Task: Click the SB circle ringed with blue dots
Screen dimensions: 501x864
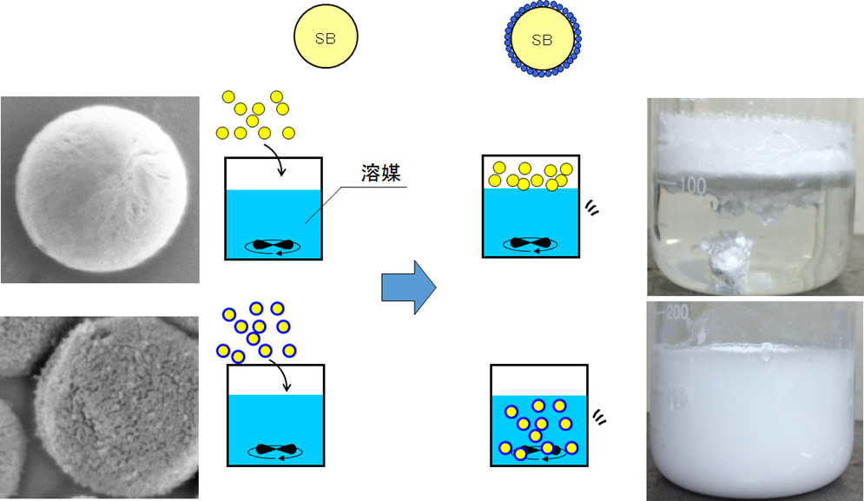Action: (x=542, y=39)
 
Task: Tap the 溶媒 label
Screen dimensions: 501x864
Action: (x=381, y=173)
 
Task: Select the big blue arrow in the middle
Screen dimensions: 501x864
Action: (x=408, y=286)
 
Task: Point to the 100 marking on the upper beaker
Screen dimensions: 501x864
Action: (x=692, y=185)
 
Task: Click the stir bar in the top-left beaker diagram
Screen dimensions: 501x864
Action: (x=274, y=246)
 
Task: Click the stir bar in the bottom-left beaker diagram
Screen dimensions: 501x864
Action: (x=275, y=450)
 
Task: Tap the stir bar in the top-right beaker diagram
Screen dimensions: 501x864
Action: (x=530, y=244)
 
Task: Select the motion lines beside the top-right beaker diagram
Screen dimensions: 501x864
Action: (x=593, y=208)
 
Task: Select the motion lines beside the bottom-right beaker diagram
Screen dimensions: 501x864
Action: (x=600, y=417)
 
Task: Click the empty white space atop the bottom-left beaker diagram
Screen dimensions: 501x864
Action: (x=275, y=379)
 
